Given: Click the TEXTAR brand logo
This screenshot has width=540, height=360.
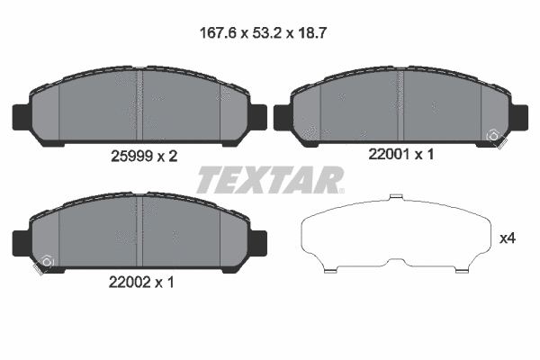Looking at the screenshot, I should coord(269,179).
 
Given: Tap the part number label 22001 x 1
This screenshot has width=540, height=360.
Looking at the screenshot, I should coord(401,155).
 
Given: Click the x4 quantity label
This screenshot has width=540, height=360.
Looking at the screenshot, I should coord(507,238).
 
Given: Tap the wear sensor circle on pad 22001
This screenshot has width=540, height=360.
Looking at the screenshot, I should coord(494,136).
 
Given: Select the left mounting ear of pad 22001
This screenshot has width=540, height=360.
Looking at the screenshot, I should coord(281,115).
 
